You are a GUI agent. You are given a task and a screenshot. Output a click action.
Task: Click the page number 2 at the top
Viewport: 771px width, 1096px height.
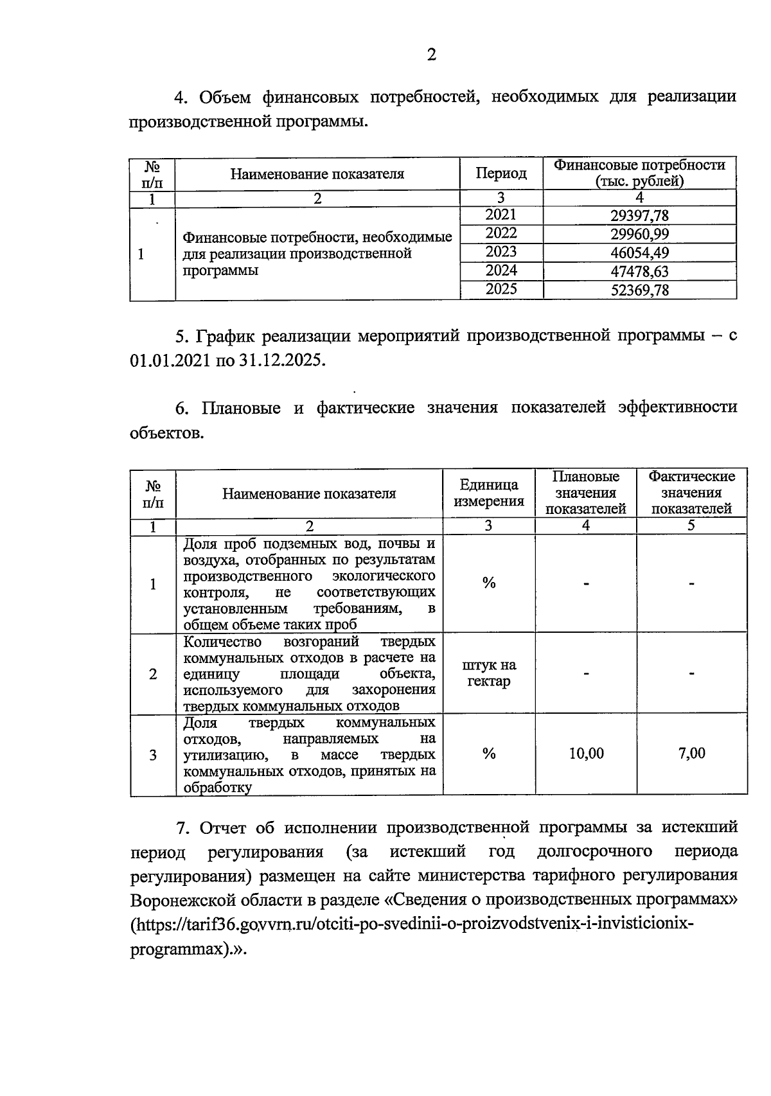click(431, 55)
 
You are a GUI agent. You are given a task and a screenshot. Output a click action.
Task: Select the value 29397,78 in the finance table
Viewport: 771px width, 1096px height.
click(639, 216)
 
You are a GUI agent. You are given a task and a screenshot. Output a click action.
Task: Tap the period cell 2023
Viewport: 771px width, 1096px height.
click(501, 252)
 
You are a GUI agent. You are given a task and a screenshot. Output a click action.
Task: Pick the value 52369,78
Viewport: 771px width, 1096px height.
click(639, 290)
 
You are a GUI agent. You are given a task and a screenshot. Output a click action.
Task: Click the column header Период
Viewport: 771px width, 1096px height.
click(501, 173)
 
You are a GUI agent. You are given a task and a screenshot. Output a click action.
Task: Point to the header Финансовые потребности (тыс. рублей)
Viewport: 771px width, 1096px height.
click(639, 173)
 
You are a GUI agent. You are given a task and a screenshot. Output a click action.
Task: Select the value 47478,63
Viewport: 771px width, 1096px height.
click(639, 272)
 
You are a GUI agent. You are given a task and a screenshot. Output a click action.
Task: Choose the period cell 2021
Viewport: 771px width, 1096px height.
click(501, 215)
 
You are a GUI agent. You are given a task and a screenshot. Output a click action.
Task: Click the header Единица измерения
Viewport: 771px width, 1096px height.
click(488, 493)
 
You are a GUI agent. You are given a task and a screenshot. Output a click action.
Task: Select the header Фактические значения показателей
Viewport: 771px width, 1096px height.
click(691, 493)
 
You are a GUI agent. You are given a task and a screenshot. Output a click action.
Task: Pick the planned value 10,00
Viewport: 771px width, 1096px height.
click(586, 754)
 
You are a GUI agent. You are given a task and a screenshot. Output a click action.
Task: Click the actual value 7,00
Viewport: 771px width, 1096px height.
click(691, 754)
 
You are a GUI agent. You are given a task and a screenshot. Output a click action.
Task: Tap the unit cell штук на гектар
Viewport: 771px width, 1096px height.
click(488, 673)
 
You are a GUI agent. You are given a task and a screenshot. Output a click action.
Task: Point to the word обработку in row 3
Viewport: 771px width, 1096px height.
click(217, 788)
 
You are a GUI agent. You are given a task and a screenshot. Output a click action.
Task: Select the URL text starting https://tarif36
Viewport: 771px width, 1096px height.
click(411, 925)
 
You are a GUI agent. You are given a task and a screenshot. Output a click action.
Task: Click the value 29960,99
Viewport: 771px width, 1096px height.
click(639, 234)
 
